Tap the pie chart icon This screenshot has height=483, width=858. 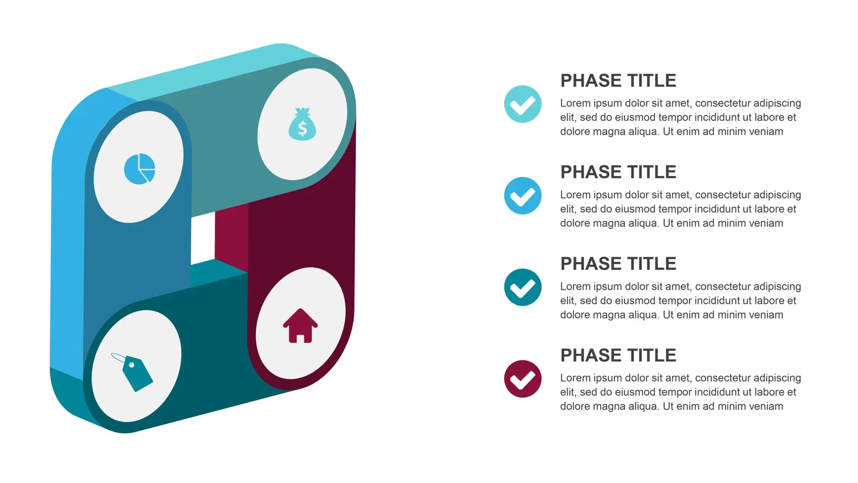point(139,169)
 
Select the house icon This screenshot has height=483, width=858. point(300,326)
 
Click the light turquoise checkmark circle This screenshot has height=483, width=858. point(522,104)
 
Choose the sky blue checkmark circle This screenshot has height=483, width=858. point(522,196)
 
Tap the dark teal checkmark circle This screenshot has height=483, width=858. point(522,288)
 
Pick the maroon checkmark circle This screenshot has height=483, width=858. point(522,379)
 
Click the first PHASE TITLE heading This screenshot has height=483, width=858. point(618,81)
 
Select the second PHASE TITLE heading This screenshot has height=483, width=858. point(618,172)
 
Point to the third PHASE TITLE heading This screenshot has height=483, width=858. point(618,264)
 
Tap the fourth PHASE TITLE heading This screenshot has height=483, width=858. point(618,356)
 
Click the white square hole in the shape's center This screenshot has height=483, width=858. point(202,239)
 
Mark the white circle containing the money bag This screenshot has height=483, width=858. point(302,124)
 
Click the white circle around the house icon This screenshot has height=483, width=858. point(300,323)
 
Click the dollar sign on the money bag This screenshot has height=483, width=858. point(303,129)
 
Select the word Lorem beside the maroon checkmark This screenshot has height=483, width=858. point(575,378)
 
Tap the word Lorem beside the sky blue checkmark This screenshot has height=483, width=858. point(575,195)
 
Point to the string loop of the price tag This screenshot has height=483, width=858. point(119,358)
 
